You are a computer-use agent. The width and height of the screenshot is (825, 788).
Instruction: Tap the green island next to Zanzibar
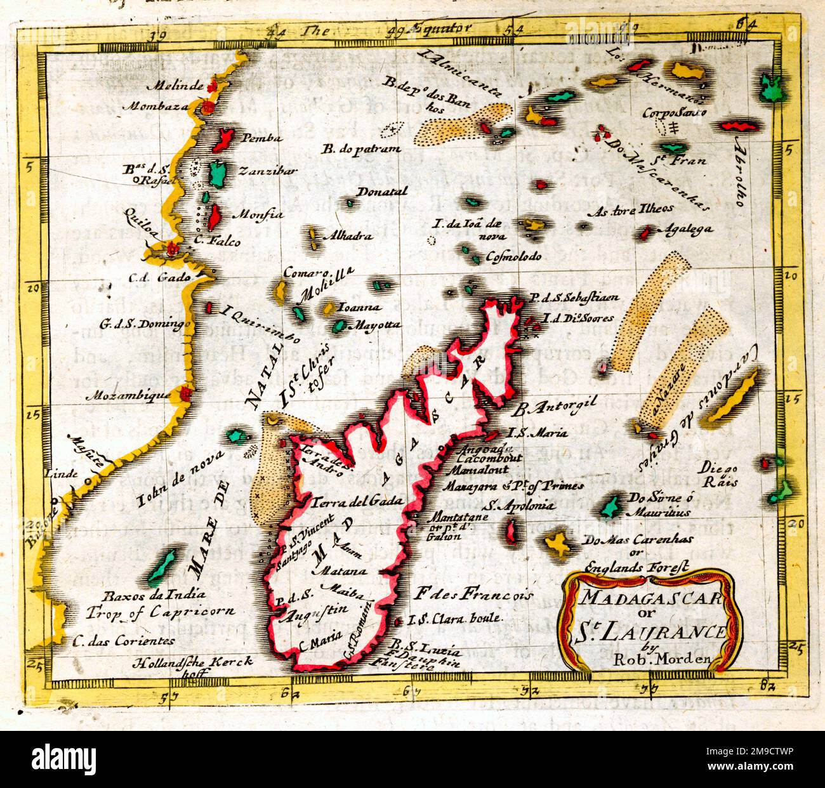[x=218, y=173]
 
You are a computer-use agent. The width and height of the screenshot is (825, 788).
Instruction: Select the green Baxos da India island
[x=162, y=566]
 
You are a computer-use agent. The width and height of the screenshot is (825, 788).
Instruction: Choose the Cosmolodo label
[x=513, y=257]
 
